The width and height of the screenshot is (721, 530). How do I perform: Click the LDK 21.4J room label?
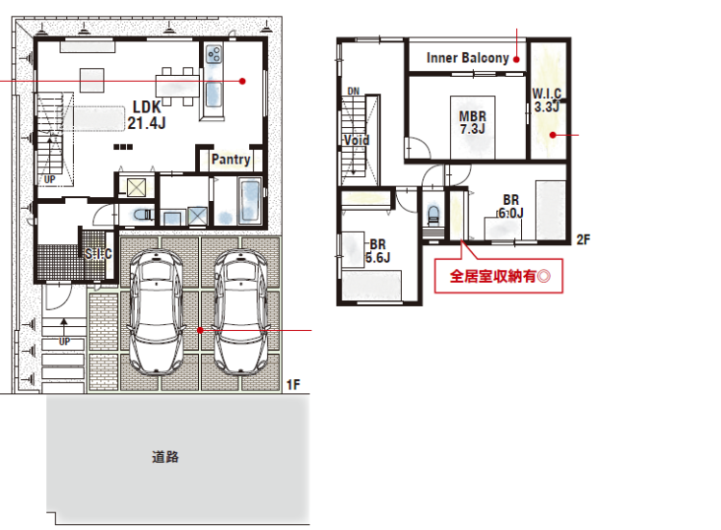point(147,114)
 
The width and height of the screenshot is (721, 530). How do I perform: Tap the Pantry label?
point(231,159)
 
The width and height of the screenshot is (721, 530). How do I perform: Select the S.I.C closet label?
point(98,254)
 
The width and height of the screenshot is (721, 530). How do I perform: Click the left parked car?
point(157,312)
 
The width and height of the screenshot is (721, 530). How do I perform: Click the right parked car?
point(241,312)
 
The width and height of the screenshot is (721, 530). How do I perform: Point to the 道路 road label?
point(165,457)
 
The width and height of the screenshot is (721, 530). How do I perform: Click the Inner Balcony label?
point(467,58)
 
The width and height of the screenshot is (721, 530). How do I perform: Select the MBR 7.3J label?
point(473,122)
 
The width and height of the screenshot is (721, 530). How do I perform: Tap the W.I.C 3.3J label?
point(547,100)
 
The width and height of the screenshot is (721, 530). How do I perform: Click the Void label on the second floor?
point(357,139)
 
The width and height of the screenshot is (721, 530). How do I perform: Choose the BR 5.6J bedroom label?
point(378,251)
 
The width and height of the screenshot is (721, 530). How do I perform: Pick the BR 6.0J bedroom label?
point(510,207)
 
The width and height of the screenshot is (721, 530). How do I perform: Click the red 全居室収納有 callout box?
point(499,276)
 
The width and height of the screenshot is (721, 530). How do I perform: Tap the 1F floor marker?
point(293,385)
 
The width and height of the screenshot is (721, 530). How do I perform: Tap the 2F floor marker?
point(584,240)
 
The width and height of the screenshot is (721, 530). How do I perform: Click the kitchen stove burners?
point(213,54)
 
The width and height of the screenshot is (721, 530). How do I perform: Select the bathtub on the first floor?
point(250,201)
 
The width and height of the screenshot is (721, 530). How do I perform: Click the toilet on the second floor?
point(434,215)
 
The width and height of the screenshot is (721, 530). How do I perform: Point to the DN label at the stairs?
point(354,91)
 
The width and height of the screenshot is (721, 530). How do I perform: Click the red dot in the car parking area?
point(200,330)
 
